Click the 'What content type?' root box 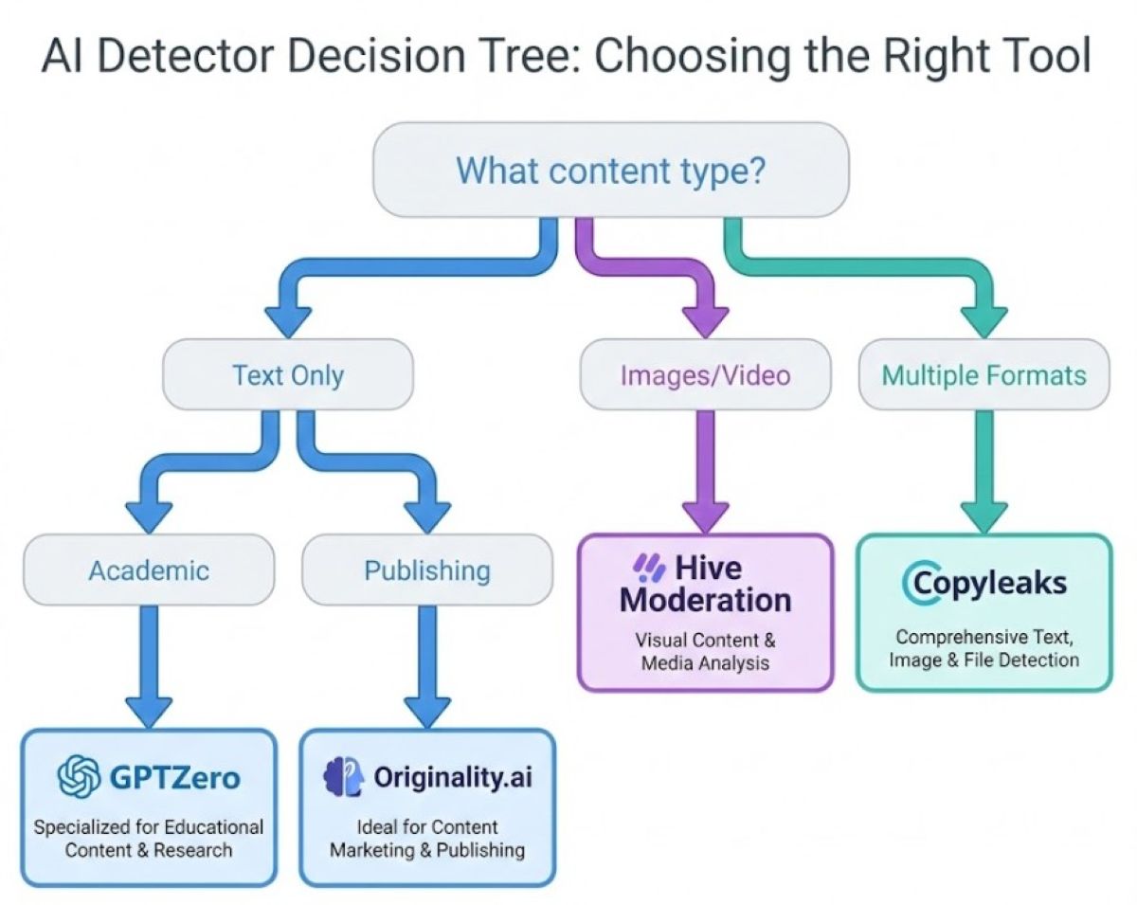click(611, 171)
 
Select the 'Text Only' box click(288, 375)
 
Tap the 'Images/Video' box click(705, 375)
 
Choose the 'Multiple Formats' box click(984, 375)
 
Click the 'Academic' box click(149, 570)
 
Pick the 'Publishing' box click(427, 570)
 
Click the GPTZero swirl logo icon click(80, 778)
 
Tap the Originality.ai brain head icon click(344, 778)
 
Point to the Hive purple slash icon click(650, 568)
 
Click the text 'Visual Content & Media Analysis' click(705, 651)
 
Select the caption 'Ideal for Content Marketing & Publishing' click(427, 838)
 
